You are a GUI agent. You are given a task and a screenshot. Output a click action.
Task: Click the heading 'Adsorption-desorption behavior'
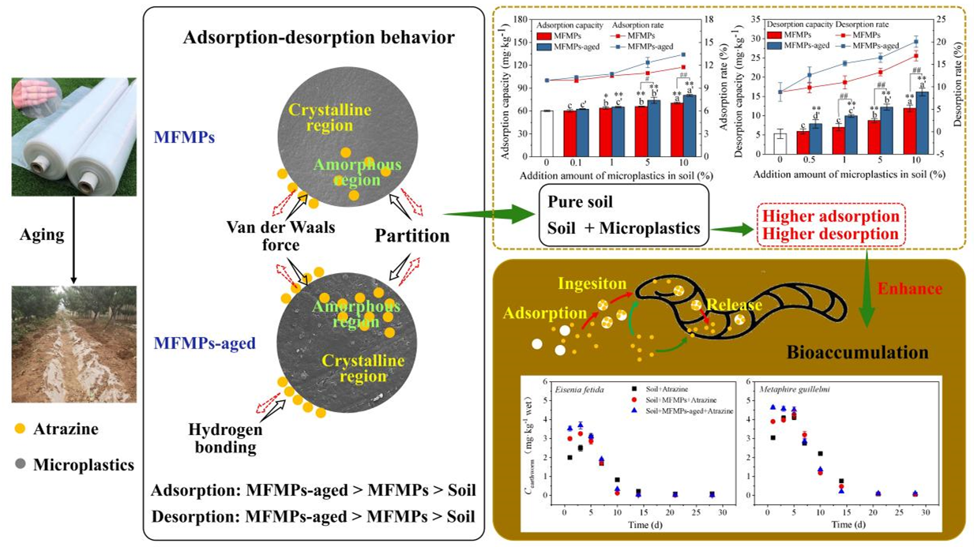pos(318,37)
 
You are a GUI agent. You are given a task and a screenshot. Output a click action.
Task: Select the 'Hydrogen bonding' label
pos(224,438)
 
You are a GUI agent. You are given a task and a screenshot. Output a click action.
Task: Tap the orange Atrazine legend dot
pos(21,429)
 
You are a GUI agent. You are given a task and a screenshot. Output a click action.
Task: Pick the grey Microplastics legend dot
pos(21,465)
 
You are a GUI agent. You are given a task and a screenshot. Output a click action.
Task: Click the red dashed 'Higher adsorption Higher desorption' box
pos(829,224)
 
